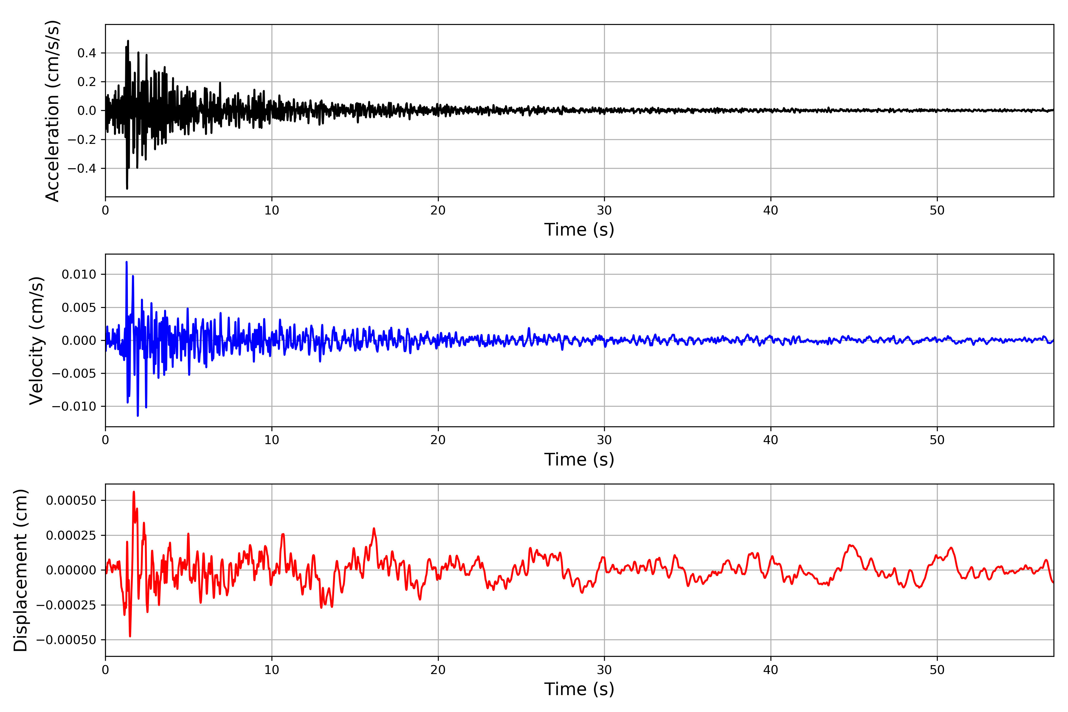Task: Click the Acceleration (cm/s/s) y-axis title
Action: point(53,111)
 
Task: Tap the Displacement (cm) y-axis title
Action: point(20,570)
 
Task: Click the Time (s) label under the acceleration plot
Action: point(579,230)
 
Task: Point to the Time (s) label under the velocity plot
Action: point(579,460)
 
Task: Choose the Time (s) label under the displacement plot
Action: point(579,689)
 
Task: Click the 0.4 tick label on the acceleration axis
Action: point(87,53)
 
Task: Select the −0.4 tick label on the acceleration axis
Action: point(82,169)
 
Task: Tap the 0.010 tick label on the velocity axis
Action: point(79,274)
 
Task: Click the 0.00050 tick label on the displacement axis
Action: point(71,500)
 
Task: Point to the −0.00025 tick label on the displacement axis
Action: point(66,605)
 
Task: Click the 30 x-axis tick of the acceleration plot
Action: point(604,210)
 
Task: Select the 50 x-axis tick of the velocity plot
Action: point(937,440)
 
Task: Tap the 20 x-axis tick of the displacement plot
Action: point(438,670)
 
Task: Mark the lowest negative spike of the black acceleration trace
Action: point(127,188)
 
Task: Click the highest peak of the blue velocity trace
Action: point(127,262)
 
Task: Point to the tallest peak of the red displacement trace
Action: point(133,492)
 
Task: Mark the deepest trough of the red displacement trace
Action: point(130,636)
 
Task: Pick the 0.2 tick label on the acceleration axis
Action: point(87,82)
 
